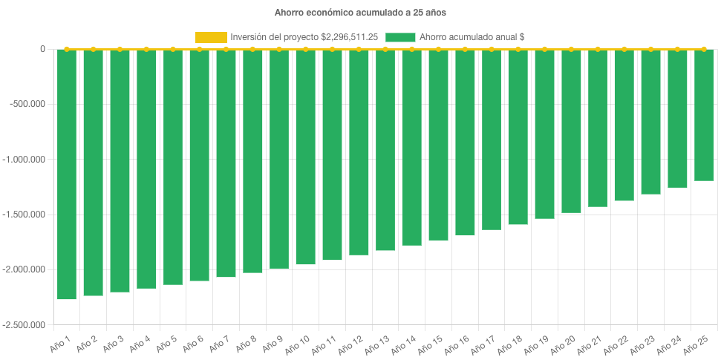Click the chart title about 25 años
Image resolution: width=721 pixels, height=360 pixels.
pyautogui.click(x=360, y=13)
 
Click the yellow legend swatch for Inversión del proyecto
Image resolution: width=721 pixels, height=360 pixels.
pyautogui.click(x=210, y=37)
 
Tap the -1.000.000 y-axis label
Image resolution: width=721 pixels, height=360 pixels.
pyautogui.click(x=25, y=160)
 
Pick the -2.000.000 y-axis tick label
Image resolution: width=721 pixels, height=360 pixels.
pyautogui.click(x=25, y=269)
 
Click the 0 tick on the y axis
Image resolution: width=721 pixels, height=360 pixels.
pyautogui.click(x=42, y=49)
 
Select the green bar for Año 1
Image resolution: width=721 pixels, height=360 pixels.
pyautogui.click(x=67, y=174)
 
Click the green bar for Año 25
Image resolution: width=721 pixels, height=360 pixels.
pyautogui.click(x=704, y=115)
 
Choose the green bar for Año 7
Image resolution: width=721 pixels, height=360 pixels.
pyautogui.click(x=226, y=163)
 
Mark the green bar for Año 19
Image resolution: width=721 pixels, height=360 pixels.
pyautogui.click(x=544, y=134)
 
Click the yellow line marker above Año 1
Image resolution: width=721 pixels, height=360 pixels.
pyautogui.click(x=67, y=49)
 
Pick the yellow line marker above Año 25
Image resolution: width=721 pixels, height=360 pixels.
pyautogui.click(x=704, y=49)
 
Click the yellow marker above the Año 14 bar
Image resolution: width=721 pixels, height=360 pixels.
pyautogui.click(x=412, y=49)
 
